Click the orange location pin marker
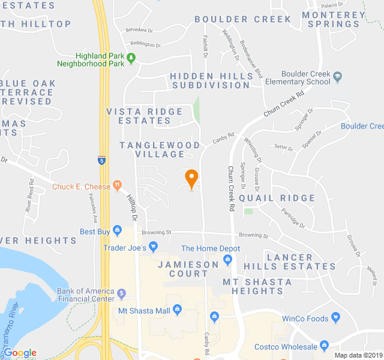coord(191,178)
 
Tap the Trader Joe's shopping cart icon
coord(153,247)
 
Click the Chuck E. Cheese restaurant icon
coord(117,186)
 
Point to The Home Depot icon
coord(227,259)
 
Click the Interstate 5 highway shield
coord(102,160)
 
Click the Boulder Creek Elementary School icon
coord(338,77)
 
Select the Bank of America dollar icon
coord(122,294)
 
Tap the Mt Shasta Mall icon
coord(177,310)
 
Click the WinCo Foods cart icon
coord(335,317)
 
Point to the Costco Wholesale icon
coord(325,346)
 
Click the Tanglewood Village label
coord(160,150)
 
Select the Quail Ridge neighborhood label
coord(277,198)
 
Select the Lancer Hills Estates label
coord(301,262)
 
